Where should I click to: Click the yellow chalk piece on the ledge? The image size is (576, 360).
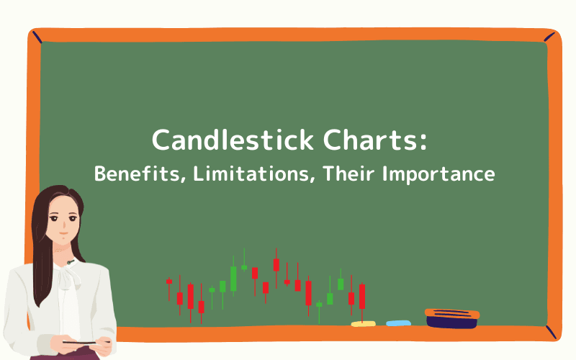[363, 323]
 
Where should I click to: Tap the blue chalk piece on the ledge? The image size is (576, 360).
[398, 323]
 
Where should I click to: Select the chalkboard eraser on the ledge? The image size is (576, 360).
[451, 318]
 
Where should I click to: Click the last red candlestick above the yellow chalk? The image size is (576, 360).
[362, 296]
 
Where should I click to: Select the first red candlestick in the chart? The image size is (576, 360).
[169, 282]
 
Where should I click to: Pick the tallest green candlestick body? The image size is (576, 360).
[233, 278]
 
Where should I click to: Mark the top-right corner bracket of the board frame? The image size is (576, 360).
[549, 37]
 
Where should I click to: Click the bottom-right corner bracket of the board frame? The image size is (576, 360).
[551, 332]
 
